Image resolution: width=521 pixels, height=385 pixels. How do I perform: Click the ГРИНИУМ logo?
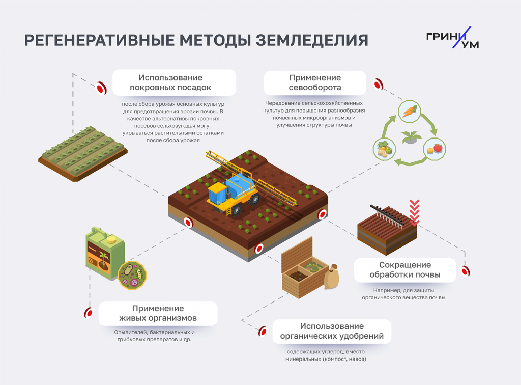pyautogui.click(x=452, y=38)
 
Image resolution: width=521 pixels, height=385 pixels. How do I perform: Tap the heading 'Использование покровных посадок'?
pyautogui.click(x=173, y=82)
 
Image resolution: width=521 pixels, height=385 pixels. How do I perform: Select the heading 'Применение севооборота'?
pyautogui.click(x=315, y=82)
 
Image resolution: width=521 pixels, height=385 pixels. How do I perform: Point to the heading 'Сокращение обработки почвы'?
pyautogui.click(x=405, y=270)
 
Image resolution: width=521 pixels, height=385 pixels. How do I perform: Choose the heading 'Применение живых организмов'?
pyautogui.click(x=158, y=313)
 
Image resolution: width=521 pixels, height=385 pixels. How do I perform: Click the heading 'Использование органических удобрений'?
pyautogui.click(x=332, y=331)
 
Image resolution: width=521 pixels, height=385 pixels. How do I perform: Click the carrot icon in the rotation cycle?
pyautogui.click(x=409, y=111)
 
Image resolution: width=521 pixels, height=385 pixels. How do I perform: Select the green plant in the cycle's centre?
pyautogui.click(x=409, y=137)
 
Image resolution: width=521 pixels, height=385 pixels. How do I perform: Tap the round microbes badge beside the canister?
pyautogui.click(x=132, y=276)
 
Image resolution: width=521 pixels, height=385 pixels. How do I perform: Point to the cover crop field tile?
pyautogui.click(x=83, y=152)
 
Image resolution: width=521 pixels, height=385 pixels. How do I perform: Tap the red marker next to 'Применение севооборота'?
pyautogui.click(x=378, y=84)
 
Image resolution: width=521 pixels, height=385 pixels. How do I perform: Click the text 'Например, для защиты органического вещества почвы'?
pyautogui.click(x=403, y=294)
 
